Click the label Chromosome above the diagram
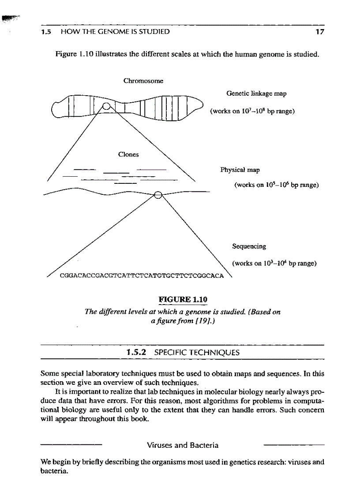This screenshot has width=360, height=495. click(143, 81)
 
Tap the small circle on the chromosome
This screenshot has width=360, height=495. click(107, 106)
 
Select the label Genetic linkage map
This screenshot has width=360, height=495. click(250, 93)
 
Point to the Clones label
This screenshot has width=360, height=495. click(128, 154)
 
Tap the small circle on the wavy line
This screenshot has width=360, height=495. click(159, 194)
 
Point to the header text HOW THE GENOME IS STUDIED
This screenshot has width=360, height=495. click(115, 32)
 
